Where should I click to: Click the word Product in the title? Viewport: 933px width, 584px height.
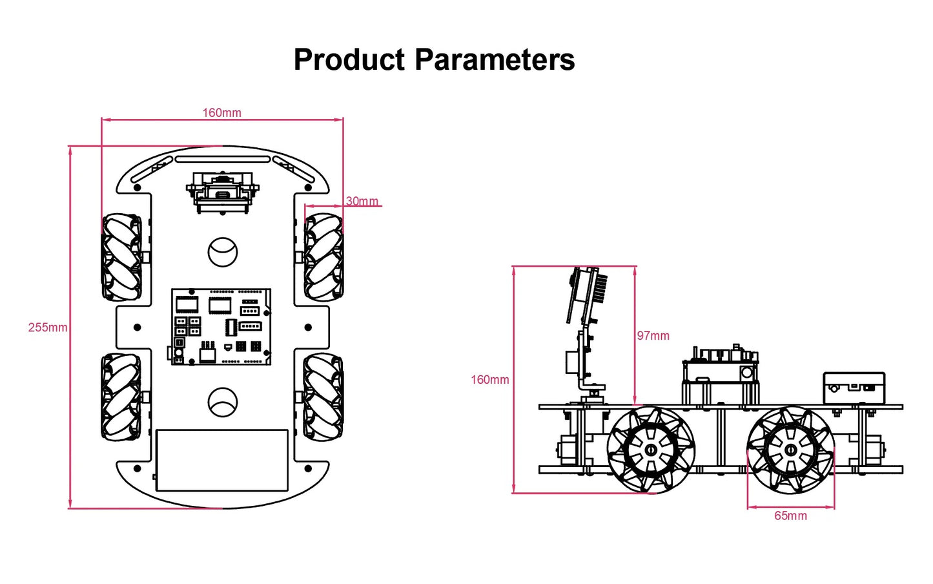(x=349, y=60)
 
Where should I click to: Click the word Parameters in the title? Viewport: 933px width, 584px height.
(x=495, y=60)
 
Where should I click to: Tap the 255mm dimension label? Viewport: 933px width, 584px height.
(x=47, y=328)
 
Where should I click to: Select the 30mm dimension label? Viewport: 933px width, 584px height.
(x=362, y=201)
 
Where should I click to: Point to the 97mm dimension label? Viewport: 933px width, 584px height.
(x=653, y=336)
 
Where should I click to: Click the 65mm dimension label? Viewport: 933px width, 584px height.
(x=790, y=516)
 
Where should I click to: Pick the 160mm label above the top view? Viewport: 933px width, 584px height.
(x=221, y=113)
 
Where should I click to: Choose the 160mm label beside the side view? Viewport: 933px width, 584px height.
(x=489, y=380)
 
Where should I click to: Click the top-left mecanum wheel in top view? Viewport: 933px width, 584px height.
(x=121, y=258)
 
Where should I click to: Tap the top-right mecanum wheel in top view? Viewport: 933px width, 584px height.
(x=323, y=257)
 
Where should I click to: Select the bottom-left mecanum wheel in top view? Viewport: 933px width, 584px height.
(x=121, y=396)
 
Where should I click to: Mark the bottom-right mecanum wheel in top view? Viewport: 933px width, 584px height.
(x=323, y=397)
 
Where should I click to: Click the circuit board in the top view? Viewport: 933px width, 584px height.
(x=221, y=327)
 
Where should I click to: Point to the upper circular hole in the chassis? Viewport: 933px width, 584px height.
(x=223, y=252)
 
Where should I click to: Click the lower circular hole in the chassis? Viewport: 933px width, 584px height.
(x=223, y=402)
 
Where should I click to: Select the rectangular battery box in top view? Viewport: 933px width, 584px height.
(x=221, y=460)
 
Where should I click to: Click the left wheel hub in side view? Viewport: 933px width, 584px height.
(x=650, y=450)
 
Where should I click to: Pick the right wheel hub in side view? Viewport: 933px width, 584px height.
(x=791, y=449)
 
